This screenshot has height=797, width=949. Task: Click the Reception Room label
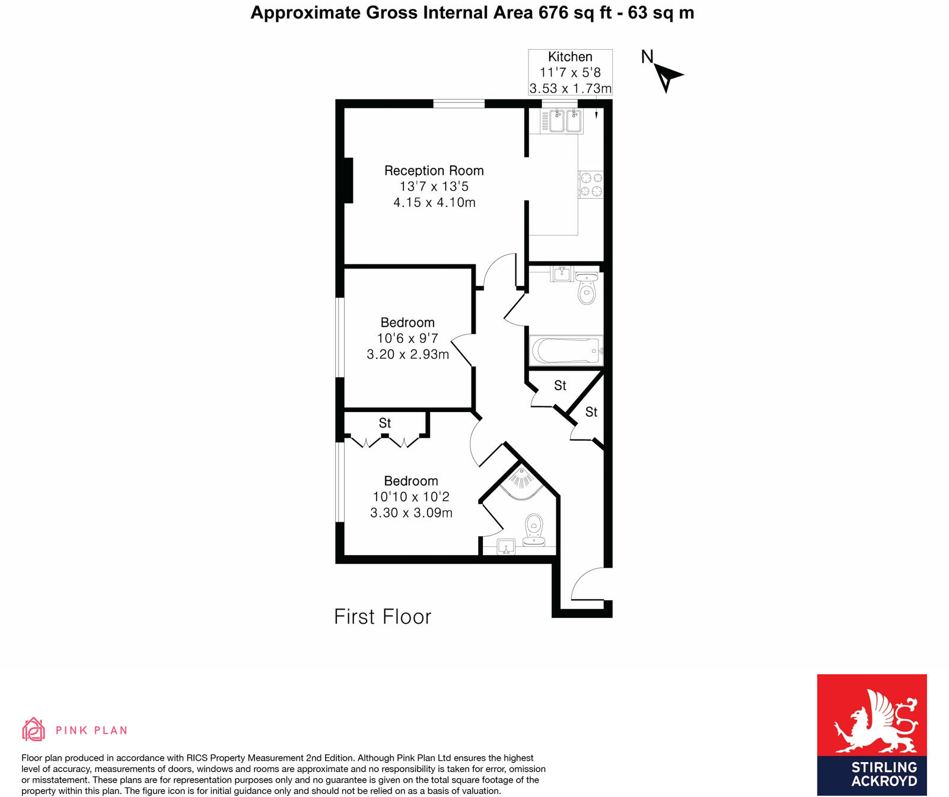point(434,171)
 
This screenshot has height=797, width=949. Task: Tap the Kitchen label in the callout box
point(570,57)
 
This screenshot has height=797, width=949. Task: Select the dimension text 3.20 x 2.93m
point(407,355)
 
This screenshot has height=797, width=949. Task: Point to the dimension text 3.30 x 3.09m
point(411,513)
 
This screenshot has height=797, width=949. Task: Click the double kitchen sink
point(561,121)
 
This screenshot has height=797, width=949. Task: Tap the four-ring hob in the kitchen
point(591,184)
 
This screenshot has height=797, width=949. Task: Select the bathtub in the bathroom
point(566,350)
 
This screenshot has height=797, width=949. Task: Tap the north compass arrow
point(668,76)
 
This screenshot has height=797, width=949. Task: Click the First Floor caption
point(383,617)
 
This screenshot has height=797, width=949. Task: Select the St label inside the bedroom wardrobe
point(385,423)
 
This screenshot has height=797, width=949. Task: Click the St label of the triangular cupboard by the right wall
point(591,412)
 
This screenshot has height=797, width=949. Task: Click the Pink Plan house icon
point(33,729)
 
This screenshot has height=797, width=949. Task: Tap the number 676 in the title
point(553,12)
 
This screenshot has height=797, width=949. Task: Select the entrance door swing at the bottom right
point(588,584)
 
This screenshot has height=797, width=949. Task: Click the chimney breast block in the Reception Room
point(348,180)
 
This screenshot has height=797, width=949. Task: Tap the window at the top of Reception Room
point(458,104)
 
